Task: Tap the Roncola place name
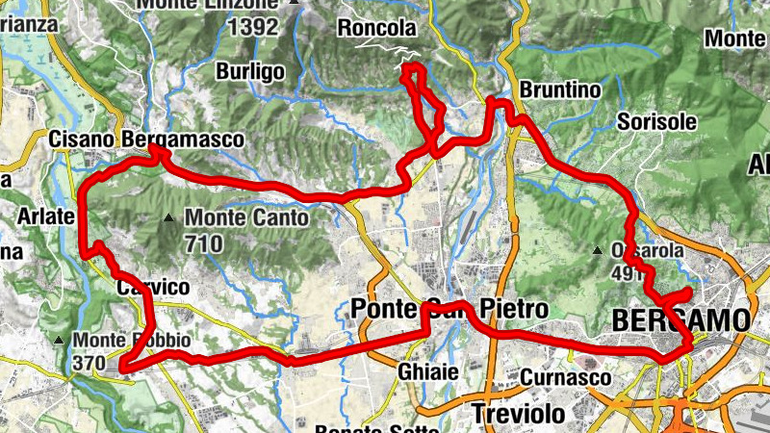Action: coord(376,29)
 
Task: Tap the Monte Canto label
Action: coord(246,218)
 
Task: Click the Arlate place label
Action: coord(45,216)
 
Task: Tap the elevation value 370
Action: coord(92,364)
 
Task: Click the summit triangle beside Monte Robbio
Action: coord(60,341)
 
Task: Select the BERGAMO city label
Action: coord(680,319)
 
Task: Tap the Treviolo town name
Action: coord(517,414)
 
